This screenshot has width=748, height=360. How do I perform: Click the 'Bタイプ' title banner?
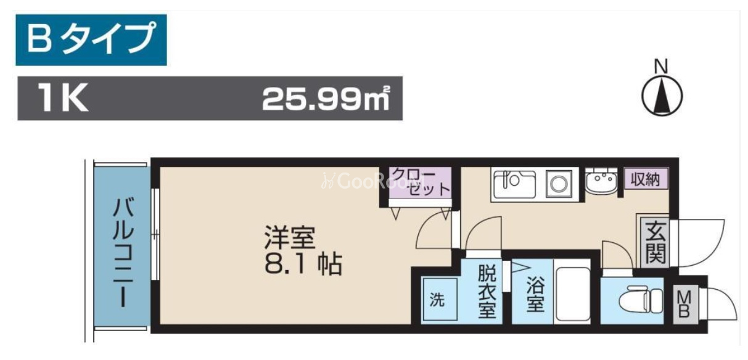point(91,39)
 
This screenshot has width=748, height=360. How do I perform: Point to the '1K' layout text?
point(63,98)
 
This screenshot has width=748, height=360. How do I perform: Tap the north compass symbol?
point(662,92)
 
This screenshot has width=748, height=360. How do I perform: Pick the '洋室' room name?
point(289,237)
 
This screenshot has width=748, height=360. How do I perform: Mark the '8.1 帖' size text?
point(303,264)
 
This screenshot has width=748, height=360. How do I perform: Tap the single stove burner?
point(559,184)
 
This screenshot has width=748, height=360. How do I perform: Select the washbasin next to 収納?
point(601,182)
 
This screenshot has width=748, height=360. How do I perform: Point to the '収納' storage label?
point(645,179)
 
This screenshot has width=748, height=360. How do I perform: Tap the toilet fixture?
point(641,300)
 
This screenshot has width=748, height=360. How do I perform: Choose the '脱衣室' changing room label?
point(487,292)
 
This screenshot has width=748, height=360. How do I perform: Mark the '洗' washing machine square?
point(440,299)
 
